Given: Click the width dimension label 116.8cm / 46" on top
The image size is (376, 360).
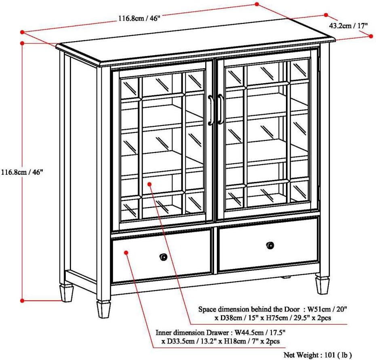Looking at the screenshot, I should [x=139, y=19].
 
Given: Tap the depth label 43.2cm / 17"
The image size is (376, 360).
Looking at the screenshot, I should [x=349, y=25].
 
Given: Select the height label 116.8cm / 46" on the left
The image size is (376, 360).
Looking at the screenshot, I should [x=22, y=171].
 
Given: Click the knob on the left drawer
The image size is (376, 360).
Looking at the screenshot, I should [x=163, y=257].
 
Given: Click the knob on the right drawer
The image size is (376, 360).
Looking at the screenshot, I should [x=270, y=245].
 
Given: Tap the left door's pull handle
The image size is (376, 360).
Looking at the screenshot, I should [x=211, y=110].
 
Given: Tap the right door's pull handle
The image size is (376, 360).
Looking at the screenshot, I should [x=221, y=109].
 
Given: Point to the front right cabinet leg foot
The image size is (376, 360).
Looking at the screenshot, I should [x=322, y=284].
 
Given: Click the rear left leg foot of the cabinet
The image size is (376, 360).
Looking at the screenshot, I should [x=67, y=293].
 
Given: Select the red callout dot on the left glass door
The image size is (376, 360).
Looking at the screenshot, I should [x=149, y=184].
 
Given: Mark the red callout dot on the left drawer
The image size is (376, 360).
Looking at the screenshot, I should [x=126, y=252].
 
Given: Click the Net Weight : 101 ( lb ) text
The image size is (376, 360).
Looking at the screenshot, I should [x=317, y=355].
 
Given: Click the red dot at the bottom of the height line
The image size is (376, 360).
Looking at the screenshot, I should [x=22, y=300].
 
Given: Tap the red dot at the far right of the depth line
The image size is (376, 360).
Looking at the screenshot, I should [x=371, y=36].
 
